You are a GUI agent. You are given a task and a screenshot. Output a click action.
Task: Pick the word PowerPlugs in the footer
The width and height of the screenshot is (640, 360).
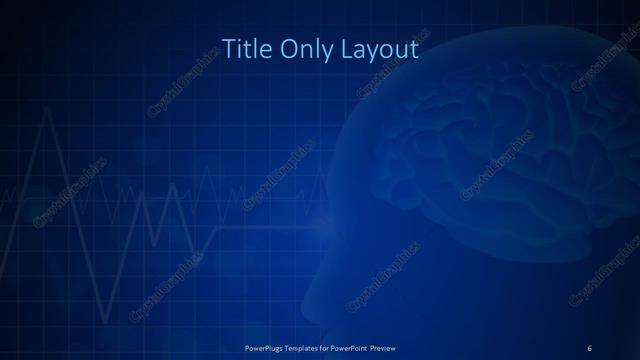[266, 347]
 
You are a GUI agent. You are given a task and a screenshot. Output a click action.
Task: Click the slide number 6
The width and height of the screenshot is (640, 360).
[590, 347]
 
